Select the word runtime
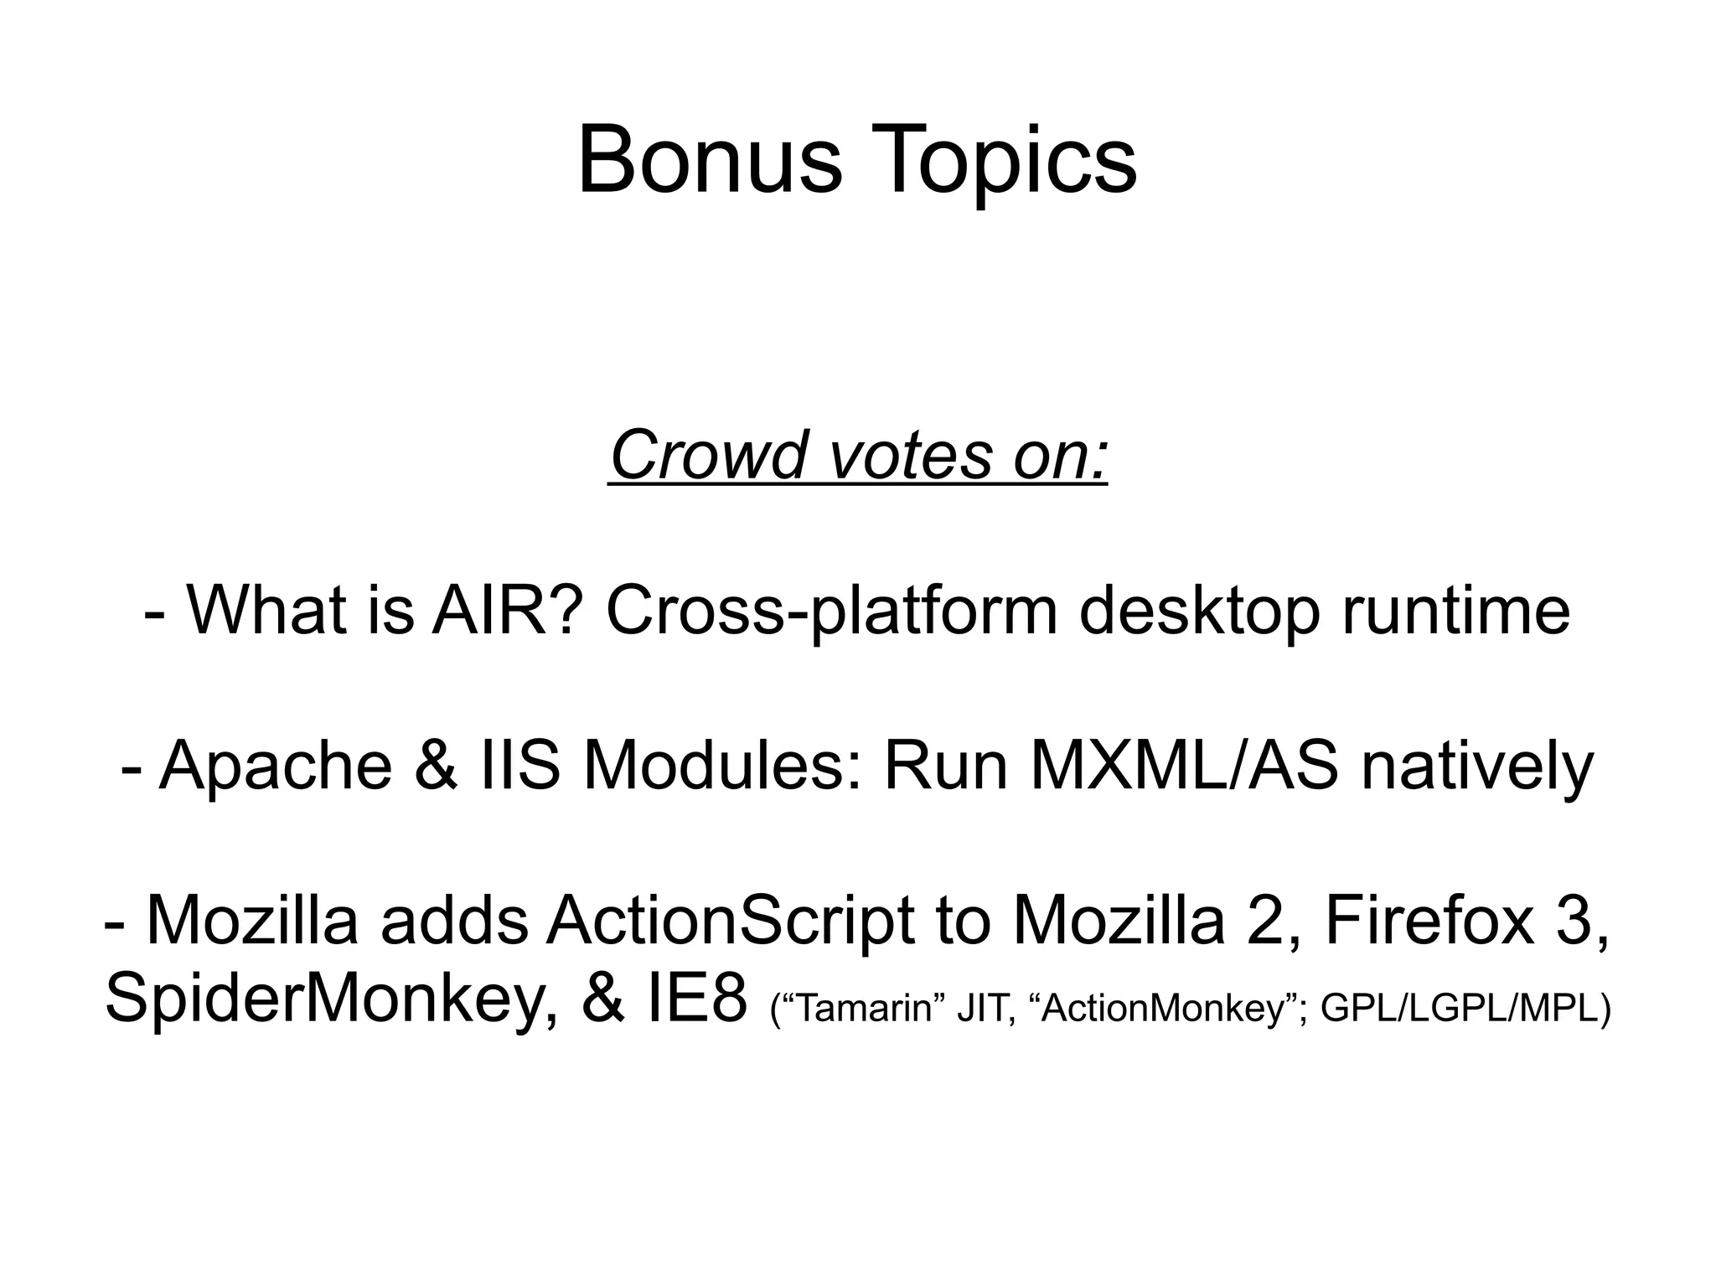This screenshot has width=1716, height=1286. click(1456, 610)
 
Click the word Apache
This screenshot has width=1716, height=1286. click(276, 767)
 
